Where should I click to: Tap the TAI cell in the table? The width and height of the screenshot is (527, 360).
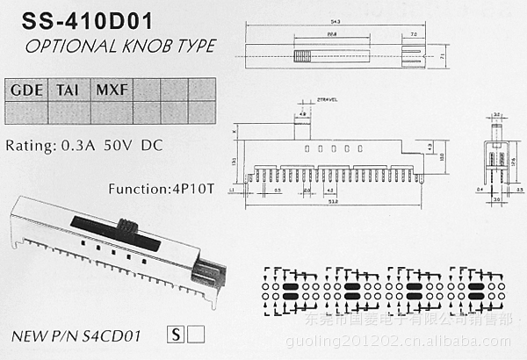pyautogui.click(x=69, y=90)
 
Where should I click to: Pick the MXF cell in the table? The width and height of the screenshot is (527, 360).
pyautogui.click(x=111, y=90)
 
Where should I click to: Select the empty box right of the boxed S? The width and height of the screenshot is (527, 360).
pyautogui.click(x=197, y=334)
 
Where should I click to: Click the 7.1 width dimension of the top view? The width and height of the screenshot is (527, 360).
pyautogui.click(x=444, y=55)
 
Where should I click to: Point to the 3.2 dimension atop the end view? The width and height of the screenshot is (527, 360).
pyautogui.click(x=495, y=114)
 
